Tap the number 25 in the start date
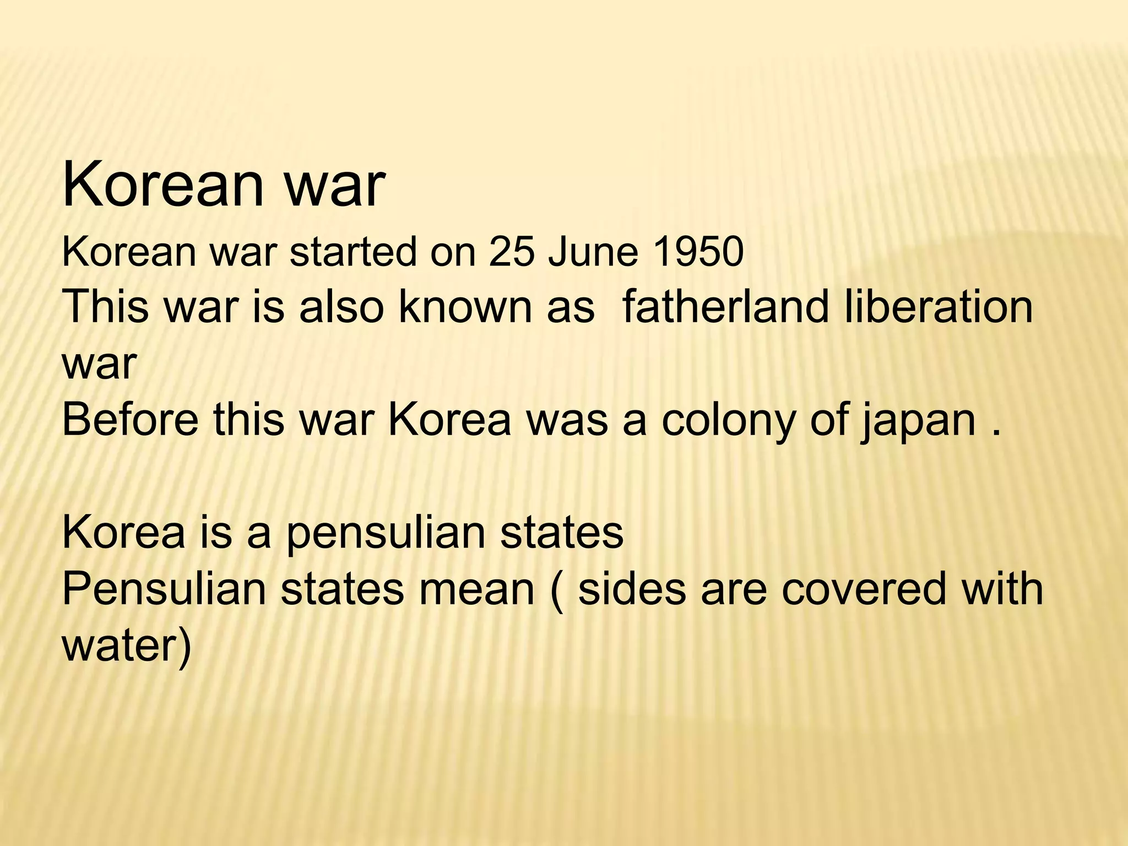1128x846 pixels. point(512,253)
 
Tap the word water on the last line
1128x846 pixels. point(120,644)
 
